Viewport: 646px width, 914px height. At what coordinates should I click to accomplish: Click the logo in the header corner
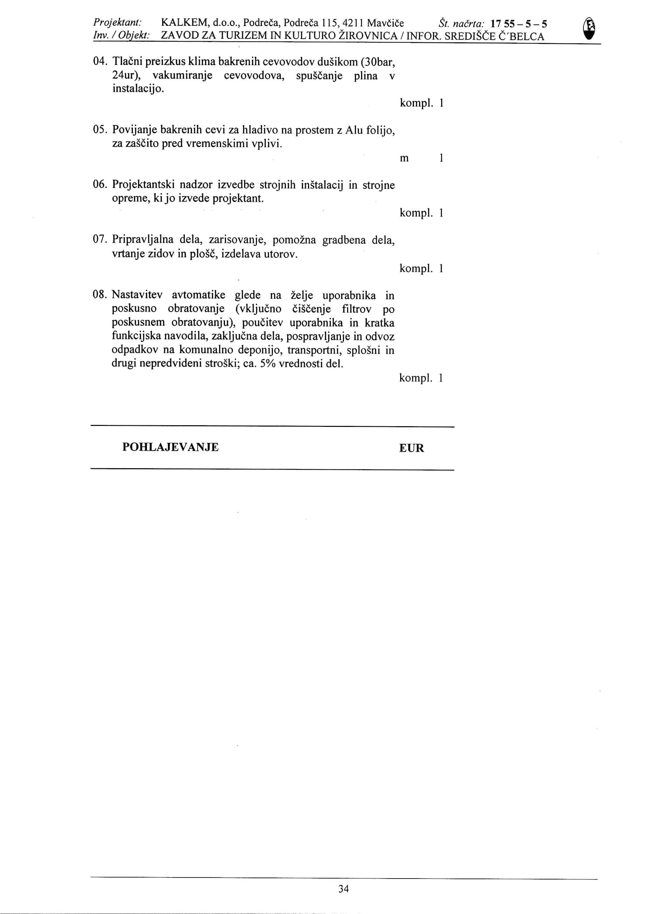[592, 29]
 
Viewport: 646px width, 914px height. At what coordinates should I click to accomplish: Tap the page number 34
[344, 889]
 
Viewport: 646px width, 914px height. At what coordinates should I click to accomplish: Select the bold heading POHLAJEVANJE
[170, 447]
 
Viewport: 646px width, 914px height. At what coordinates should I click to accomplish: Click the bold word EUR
[412, 448]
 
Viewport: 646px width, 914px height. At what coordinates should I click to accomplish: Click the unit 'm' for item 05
[404, 159]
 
